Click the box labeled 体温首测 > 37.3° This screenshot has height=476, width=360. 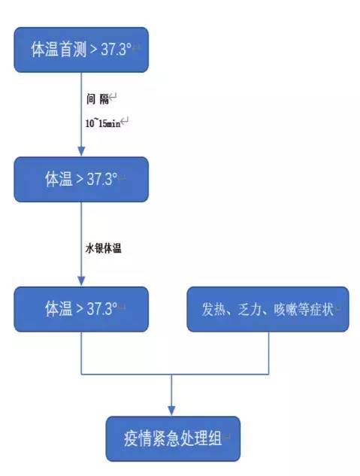tap(81, 50)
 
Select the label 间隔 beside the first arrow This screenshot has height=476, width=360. tap(98, 99)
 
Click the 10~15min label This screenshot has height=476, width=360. tap(103, 123)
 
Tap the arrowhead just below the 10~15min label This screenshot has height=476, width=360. tap(81, 151)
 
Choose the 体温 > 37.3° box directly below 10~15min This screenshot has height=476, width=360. tap(81, 180)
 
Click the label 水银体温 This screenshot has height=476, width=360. tap(104, 248)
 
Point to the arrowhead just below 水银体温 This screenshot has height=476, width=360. tap(81, 281)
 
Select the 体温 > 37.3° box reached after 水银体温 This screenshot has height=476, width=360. tap(81, 309)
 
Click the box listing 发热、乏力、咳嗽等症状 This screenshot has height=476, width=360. tap(268, 309)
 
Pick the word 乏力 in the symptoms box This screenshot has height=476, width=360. tap(249, 310)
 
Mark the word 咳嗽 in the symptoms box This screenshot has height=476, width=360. tap(286, 310)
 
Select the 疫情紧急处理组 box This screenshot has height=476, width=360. tap(173, 439)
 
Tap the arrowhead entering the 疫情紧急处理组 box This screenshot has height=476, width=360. tap(171, 411)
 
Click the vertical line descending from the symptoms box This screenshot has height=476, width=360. tap(269, 353)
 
